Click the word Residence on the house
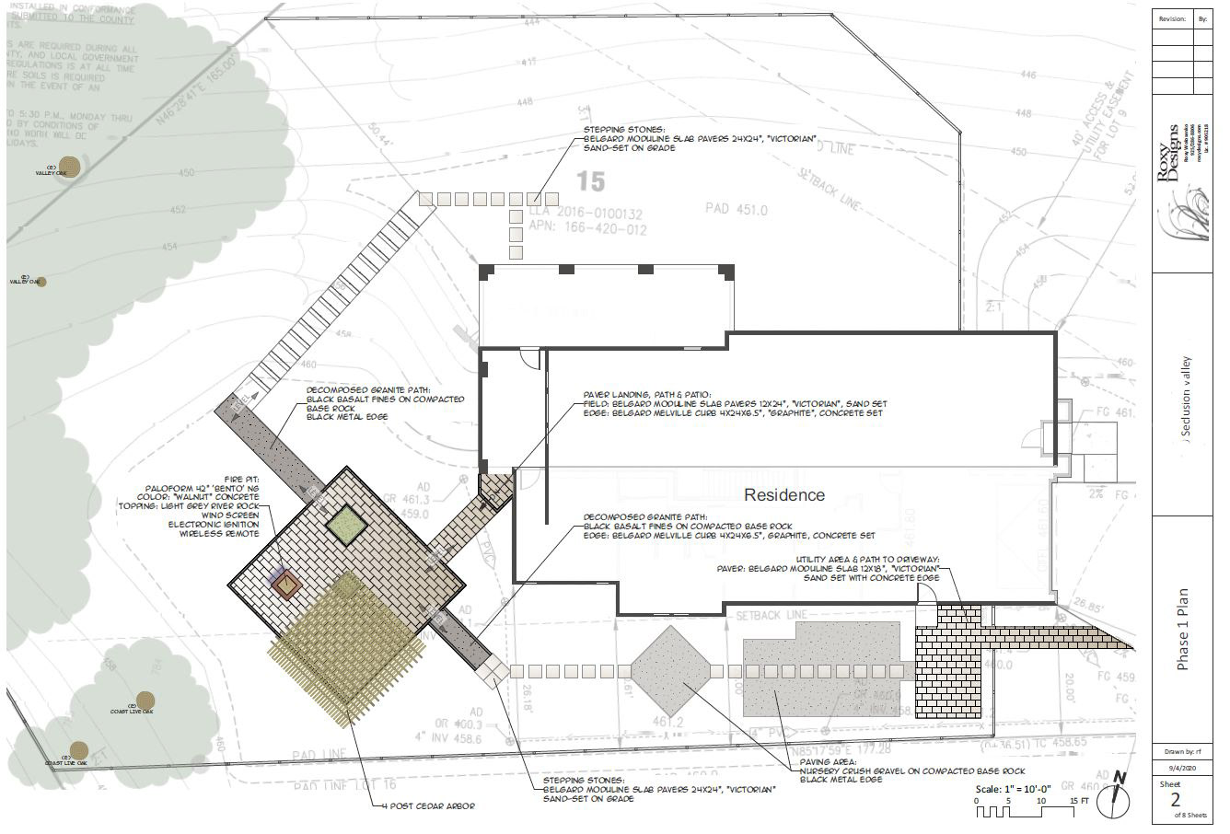click(784, 495)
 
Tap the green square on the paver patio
click(345, 526)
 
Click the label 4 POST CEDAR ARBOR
click(429, 806)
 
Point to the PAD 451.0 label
click(736, 209)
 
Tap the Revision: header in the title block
click(1172, 17)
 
